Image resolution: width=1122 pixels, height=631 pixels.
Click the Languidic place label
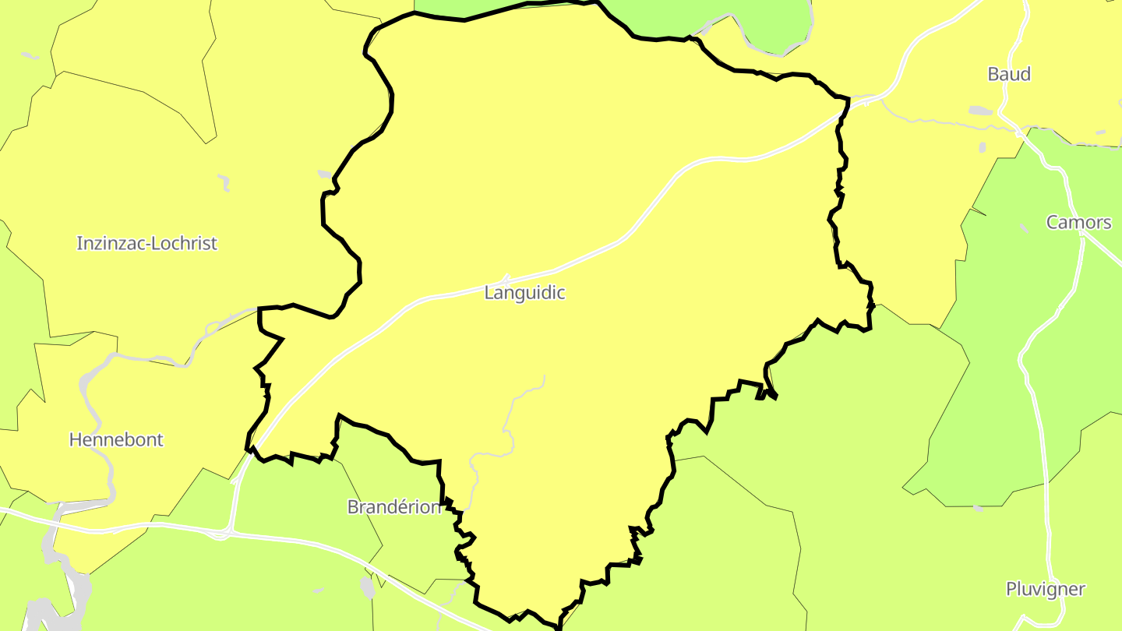point(524,293)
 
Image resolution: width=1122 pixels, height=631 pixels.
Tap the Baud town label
point(1008,74)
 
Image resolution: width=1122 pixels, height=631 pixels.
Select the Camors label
point(1078,223)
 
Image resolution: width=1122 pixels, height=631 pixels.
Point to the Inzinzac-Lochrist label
point(146,243)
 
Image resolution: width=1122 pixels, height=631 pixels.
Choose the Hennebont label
point(116,439)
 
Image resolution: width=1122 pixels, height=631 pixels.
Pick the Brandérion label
point(394,507)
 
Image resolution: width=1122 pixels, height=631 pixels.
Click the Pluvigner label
point(1045,589)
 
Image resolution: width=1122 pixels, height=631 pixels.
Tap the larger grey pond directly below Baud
point(980,111)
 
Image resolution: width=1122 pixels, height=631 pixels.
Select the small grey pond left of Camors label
point(1023,228)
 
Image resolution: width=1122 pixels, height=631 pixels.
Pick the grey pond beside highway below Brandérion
point(368,587)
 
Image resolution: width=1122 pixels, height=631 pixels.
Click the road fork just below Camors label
point(1084,238)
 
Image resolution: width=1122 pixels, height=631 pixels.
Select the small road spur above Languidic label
point(506,277)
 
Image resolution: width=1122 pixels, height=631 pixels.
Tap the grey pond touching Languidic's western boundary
point(325,174)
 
